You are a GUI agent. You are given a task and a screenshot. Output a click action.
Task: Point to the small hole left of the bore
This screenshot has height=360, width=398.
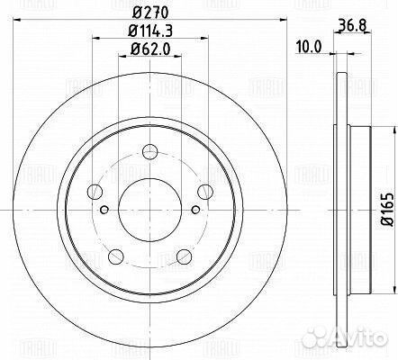[x=105, y=211]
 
